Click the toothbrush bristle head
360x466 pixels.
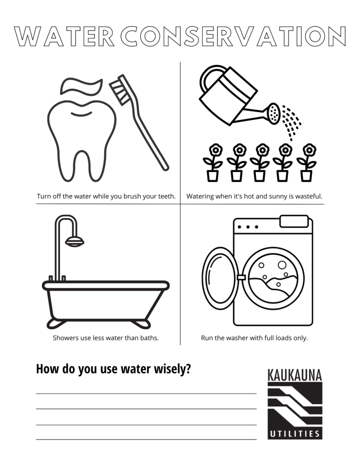tap(120, 92)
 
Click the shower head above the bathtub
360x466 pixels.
tap(75, 241)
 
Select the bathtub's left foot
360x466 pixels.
tap(60, 323)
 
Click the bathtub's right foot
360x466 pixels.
tap(141, 323)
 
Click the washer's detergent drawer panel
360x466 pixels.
tap(294, 221)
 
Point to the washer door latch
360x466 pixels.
tap(241, 278)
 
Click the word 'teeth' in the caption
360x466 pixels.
tap(166, 196)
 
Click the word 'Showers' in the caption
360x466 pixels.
tap(65, 338)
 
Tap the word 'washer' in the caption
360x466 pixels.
tap(238, 338)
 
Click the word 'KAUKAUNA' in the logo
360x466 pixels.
tap(295, 375)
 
